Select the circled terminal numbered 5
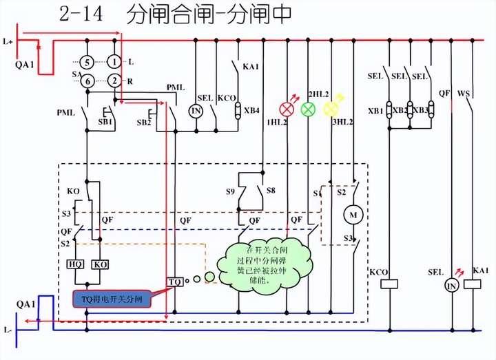(x=87, y=62)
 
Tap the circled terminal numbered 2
(x=113, y=81)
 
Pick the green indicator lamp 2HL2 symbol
(x=309, y=108)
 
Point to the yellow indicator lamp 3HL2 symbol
(x=331, y=108)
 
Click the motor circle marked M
(x=353, y=215)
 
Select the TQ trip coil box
(x=175, y=282)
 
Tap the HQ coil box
(x=74, y=264)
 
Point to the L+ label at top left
(x=8, y=42)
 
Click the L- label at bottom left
(x=8, y=331)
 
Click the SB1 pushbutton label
(x=105, y=122)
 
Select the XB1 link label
(x=375, y=111)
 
